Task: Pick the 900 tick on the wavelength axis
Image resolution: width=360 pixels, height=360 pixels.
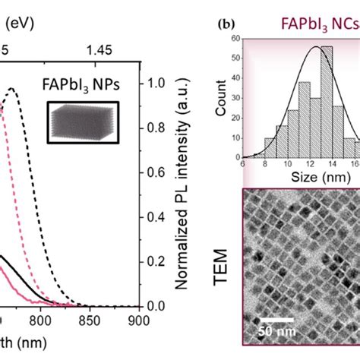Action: click(138, 321)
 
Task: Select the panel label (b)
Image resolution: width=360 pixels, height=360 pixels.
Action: click(226, 23)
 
